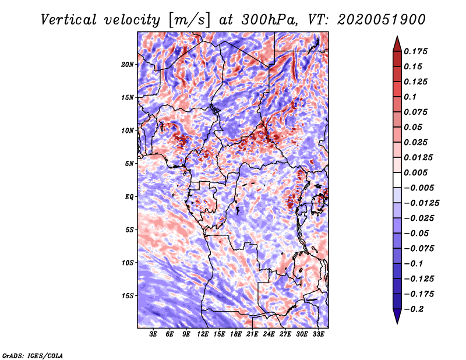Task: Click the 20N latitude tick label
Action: (x=128, y=64)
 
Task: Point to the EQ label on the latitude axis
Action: (x=129, y=197)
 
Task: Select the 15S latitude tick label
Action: (x=128, y=296)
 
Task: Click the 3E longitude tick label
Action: (x=154, y=335)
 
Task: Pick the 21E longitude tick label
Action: (x=252, y=335)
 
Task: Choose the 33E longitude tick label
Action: (x=318, y=335)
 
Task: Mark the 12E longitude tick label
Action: (x=203, y=335)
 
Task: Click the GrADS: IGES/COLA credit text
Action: (x=33, y=355)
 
